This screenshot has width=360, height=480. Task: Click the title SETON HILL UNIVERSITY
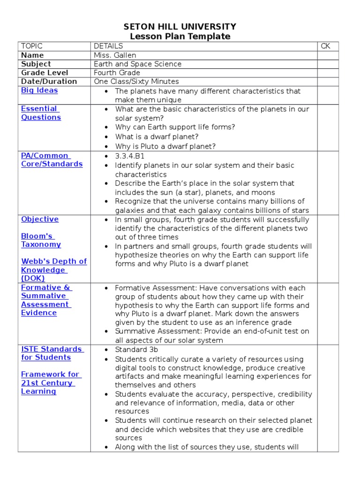(x=180, y=27)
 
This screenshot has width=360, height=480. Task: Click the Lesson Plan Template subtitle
(x=180, y=37)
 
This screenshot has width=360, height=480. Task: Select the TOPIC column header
(x=32, y=46)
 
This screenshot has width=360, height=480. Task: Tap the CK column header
(x=326, y=46)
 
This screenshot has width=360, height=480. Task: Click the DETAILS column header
(x=108, y=46)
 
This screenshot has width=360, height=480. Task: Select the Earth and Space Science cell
(x=137, y=64)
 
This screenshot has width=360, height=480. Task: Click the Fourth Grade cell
(x=117, y=73)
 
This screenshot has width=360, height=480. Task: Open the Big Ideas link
(x=39, y=90)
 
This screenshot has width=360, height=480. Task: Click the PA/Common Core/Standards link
(x=52, y=160)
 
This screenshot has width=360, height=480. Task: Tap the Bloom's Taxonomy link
(x=41, y=240)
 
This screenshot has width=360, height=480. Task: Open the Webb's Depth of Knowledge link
(x=53, y=270)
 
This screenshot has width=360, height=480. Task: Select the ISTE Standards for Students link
(x=52, y=353)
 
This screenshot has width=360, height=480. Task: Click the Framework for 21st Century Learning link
(x=50, y=382)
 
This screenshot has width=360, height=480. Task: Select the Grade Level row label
(x=45, y=73)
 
